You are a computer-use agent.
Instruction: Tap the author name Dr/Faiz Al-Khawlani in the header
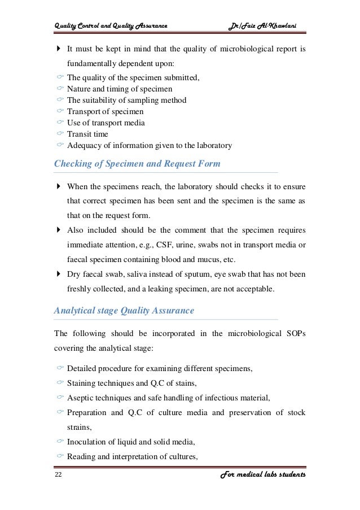point(266,24)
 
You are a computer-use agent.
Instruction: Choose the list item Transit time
point(87,134)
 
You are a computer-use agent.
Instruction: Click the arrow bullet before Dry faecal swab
point(59,274)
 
